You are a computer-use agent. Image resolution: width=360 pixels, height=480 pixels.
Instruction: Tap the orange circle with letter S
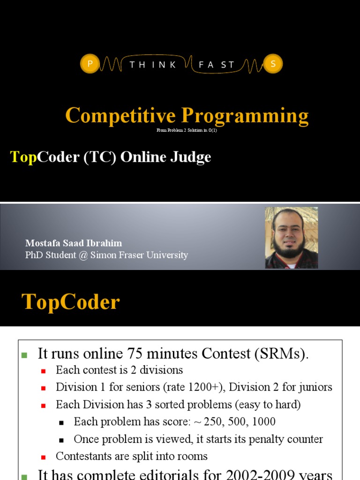click(x=273, y=64)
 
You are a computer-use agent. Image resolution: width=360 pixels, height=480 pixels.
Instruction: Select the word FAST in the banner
click(x=217, y=65)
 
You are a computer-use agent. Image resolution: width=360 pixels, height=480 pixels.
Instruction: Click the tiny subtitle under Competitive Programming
click(x=187, y=130)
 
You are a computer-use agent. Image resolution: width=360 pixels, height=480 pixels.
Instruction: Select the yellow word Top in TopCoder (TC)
click(x=23, y=157)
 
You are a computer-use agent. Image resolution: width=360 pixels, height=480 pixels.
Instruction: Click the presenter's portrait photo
click(x=292, y=238)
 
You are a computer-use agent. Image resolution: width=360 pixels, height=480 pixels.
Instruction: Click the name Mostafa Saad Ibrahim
click(x=74, y=243)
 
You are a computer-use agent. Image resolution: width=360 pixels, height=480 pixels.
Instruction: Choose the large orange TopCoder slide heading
click(x=71, y=302)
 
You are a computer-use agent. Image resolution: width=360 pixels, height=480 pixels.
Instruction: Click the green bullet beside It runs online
click(x=24, y=355)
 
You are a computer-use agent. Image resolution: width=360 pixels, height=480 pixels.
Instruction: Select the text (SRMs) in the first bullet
click(x=282, y=354)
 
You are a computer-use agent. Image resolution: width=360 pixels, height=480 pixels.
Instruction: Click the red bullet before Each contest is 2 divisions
click(x=44, y=371)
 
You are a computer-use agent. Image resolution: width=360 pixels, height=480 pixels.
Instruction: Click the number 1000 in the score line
click(x=263, y=421)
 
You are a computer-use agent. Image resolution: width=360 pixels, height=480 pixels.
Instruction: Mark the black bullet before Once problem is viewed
click(x=61, y=440)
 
